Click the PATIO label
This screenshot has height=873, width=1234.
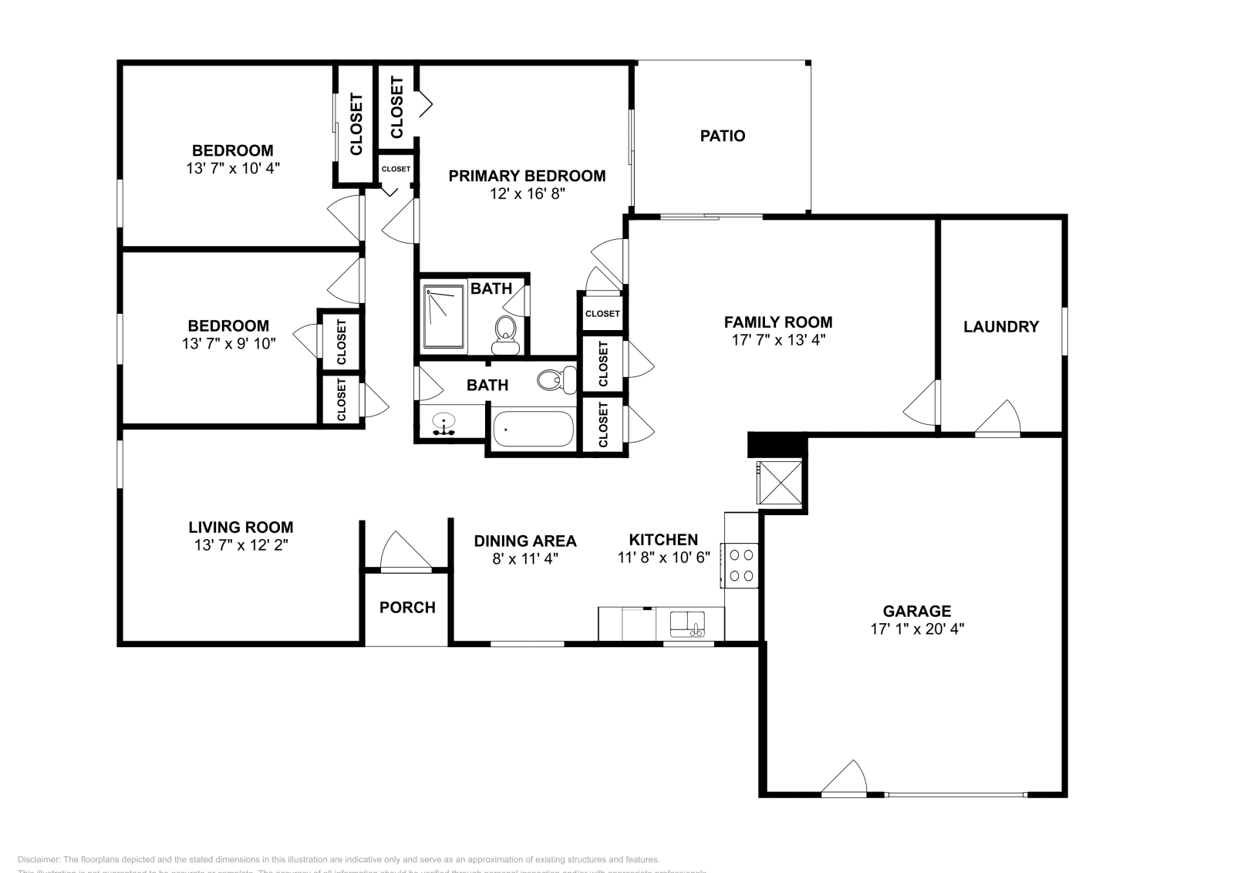(722, 136)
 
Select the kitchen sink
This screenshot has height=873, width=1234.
(686, 623)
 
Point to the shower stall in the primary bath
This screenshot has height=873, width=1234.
(444, 315)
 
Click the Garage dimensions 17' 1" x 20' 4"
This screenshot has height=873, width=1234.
(917, 629)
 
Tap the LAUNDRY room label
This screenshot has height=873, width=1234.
(1000, 326)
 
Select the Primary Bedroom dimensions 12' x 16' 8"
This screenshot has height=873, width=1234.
(528, 194)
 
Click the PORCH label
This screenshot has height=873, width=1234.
(407, 608)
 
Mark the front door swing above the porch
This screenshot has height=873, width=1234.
(403, 551)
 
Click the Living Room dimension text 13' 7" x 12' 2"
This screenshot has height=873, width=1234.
(241, 545)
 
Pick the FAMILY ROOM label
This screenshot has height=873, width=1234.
(777, 322)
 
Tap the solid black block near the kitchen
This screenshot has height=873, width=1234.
(777, 445)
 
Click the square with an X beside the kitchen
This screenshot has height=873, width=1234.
(779, 483)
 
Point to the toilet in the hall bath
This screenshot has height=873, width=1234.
(555, 379)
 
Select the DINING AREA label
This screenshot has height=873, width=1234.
(524, 541)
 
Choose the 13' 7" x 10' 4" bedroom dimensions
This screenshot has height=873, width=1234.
(232, 168)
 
